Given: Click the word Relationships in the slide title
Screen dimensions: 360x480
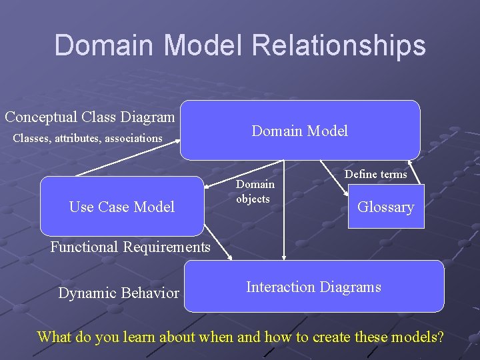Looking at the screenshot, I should [x=339, y=45].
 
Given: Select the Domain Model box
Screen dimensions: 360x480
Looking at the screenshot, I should [x=300, y=131].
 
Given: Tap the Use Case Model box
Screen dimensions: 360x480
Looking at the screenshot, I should [x=122, y=207].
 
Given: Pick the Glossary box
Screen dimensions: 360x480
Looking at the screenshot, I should [x=385, y=207].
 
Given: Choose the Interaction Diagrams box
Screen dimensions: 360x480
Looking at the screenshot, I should [x=313, y=287].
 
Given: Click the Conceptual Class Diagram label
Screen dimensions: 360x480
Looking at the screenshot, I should [x=90, y=117].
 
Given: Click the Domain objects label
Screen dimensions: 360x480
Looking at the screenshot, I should [x=255, y=191].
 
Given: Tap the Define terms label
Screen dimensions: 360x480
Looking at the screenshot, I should [x=375, y=175].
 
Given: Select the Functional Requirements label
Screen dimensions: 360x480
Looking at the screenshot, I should [x=130, y=247].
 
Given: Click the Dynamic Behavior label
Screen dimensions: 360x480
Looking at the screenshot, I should [x=119, y=293].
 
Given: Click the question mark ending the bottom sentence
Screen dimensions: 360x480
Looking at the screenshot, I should [x=439, y=337].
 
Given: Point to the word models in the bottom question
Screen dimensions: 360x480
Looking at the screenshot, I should [x=410, y=337].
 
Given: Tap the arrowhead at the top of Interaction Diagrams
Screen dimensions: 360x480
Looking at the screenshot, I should [x=284, y=256].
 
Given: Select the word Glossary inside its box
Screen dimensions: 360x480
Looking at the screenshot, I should [x=385, y=207].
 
